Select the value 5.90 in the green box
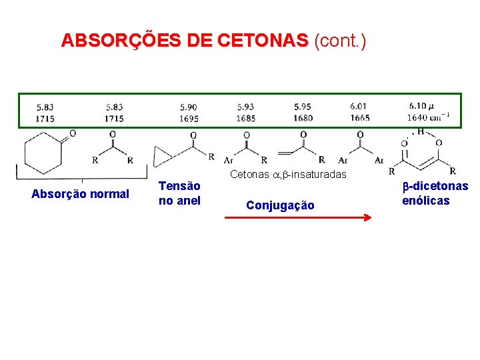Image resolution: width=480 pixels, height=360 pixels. coord(188,107)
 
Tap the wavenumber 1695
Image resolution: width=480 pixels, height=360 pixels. coord(188,118)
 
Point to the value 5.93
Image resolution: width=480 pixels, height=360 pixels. coord(245,107)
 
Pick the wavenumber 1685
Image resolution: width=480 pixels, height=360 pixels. coord(245,118)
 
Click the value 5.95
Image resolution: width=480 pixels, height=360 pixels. coord(303,107)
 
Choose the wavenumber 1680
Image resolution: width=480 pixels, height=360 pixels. coord(303,118)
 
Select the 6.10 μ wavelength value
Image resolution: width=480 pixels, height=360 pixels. coord(421,107)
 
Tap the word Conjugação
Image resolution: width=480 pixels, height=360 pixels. coord(280,205)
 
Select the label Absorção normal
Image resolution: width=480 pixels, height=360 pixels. coord(80,194)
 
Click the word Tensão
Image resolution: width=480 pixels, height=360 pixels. coord(179,187)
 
